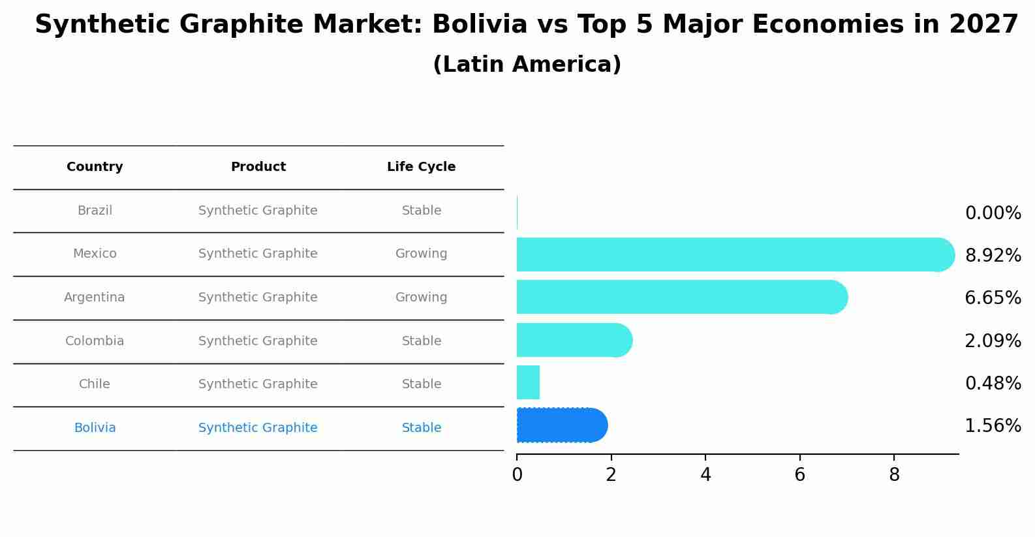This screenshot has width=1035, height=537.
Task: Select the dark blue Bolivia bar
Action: pyautogui.click(x=561, y=425)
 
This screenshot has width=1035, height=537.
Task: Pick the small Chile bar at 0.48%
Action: pyautogui.click(x=528, y=382)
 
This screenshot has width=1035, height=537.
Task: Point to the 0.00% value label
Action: pyautogui.click(x=993, y=213)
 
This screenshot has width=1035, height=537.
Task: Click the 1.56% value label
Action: pyautogui.click(x=993, y=426)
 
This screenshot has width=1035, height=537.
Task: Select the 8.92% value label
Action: pyautogui.click(x=993, y=256)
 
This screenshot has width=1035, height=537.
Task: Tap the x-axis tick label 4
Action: pyautogui.click(x=705, y=475)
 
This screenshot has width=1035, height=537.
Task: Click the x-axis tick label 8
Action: pyautogui.click(x=894, y=475)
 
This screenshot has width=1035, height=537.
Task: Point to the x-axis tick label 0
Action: pyautogui.click(x=517, y=475)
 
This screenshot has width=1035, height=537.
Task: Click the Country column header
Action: pyautogui.click(x=95, y=167)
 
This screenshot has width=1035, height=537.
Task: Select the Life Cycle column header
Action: pyautogui.click(x=421, y=167)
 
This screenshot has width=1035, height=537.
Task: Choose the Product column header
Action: pyautogui.click(x=258, y=167)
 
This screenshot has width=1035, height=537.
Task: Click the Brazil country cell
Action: pyautogui.click(x=95, y=211)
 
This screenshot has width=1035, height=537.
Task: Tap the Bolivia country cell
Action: pyautogui.click(x=95, y=428)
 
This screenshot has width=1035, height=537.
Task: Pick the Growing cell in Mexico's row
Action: pyautogui.click(x=421, y=254)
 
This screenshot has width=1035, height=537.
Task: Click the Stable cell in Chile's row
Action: pyautogui.click(x=421, y=384)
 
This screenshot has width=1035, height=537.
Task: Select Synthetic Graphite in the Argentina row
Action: pyautogui.click(x=258, y=298)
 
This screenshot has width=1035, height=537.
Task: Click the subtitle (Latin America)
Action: pyautogui.click(x=527, y=65)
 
